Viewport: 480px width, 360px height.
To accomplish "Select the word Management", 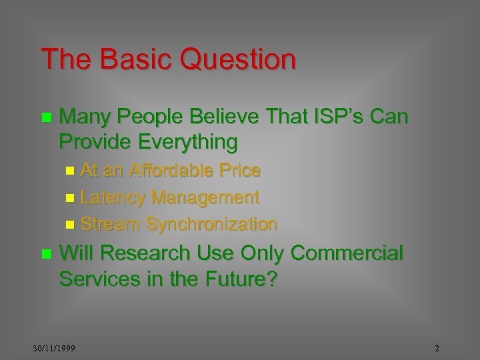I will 205,197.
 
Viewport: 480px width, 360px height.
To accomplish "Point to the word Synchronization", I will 211,224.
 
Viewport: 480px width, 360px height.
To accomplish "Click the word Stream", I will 111,224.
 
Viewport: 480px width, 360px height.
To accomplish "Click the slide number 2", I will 437,348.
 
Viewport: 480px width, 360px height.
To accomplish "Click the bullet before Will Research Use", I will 45,254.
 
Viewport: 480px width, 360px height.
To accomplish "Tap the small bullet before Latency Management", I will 71,198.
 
